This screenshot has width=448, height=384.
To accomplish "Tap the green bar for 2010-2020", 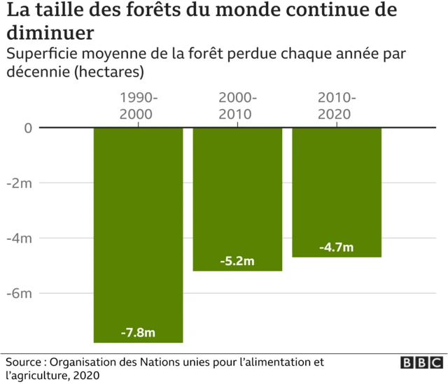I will point(337,189).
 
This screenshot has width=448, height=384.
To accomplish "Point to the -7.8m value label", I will point(139,333).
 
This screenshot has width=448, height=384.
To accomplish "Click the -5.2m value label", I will point(237,261).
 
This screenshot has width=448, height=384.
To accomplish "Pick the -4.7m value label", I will point(337,248).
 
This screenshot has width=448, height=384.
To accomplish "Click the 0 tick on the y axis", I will point(28,128).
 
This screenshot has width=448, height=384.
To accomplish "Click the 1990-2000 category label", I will point(139,106).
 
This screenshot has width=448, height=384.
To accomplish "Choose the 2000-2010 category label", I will point(237,106).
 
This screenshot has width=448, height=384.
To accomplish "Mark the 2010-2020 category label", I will point(337,106).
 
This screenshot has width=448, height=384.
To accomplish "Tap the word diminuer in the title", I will point(50,33).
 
